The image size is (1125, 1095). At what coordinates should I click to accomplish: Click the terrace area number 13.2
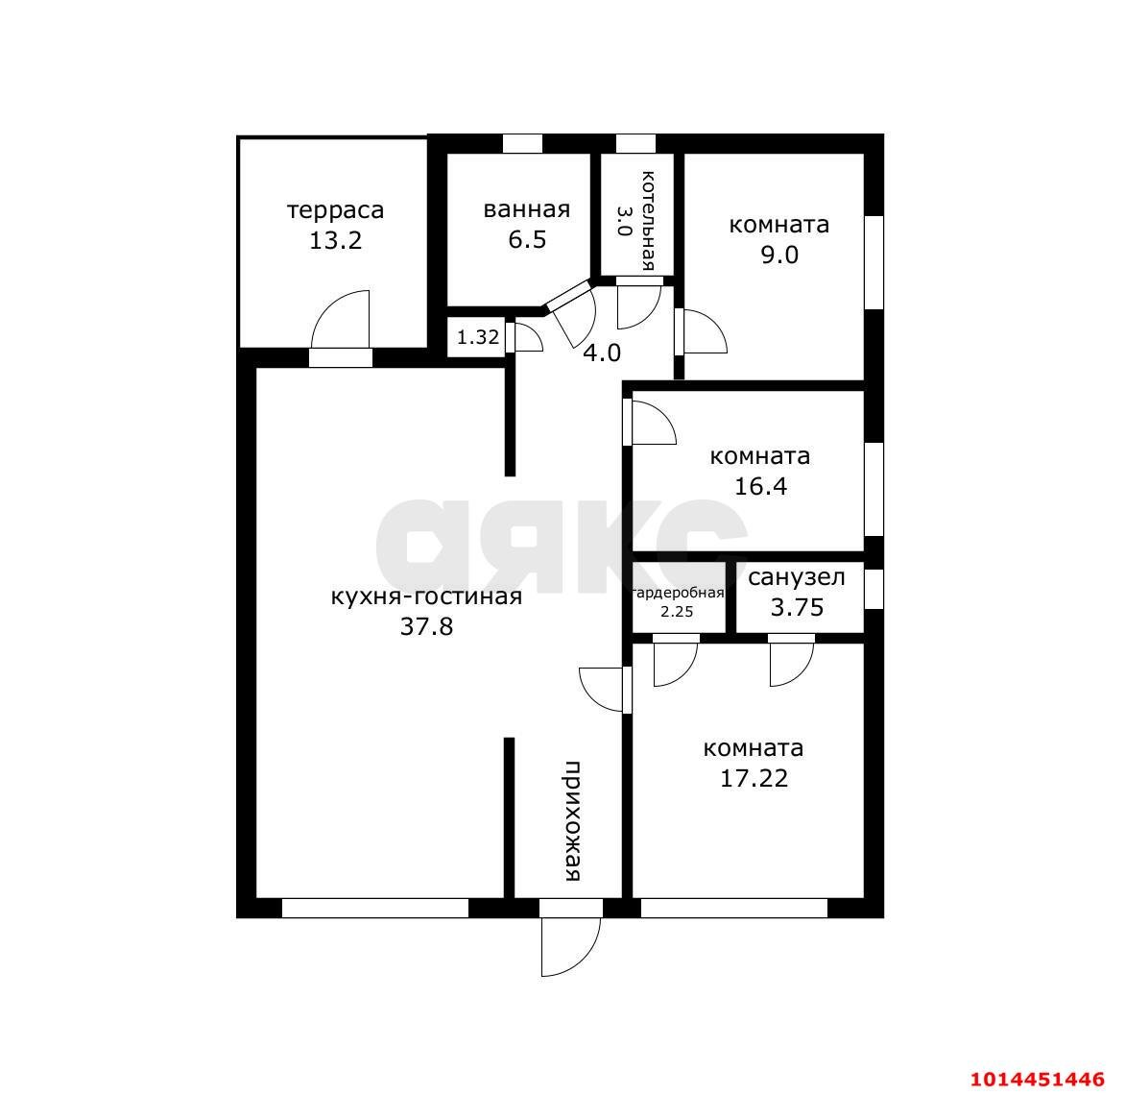[x=335, y=240]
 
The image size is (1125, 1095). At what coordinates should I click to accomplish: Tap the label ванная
[x=527, y=209]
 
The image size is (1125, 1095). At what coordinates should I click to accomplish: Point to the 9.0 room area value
[x=779, y=255]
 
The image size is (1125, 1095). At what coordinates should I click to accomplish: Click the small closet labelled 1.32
[x=477, y=337]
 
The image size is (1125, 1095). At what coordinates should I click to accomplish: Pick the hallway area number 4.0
[x=602, y=353]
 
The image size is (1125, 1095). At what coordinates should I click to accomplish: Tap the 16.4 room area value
[x=760, y=486]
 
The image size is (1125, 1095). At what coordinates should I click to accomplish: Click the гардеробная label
[x=678, y=593]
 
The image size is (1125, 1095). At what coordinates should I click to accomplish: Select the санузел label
[x=797, y=577]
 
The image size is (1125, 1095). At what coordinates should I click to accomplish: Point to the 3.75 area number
[x=797, y=607]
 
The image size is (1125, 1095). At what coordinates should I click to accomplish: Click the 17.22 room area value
[x=754, y=778]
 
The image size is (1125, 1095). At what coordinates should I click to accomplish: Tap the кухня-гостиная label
[x=426, y=596]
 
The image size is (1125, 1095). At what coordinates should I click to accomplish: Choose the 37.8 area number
[x=426, y=627]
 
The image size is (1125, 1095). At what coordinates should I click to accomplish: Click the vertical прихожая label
[x=572, y=821]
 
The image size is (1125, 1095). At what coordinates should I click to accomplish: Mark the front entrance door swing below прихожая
[x=570, y=946]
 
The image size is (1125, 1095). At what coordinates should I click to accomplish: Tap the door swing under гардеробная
[x=675, y=664]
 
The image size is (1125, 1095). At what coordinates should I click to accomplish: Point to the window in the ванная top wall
[x=522, y=144]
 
